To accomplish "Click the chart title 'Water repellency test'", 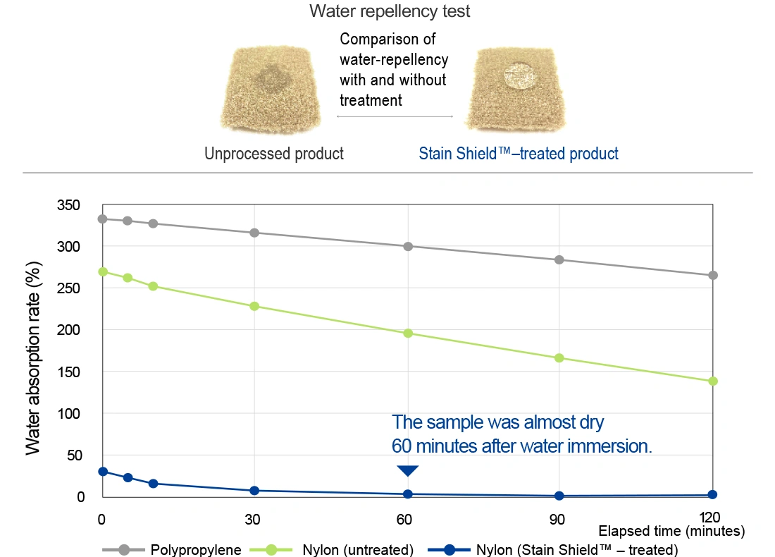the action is [390, 11].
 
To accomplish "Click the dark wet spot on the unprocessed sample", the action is [269, 79].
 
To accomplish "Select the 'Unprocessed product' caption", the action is [274, 153].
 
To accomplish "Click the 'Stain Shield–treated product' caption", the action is [519, 153].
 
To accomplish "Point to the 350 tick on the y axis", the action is [68, 204].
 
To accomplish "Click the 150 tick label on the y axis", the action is [68, 372].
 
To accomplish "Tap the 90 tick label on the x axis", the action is [557, 519].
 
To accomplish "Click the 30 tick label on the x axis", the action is [252, 519].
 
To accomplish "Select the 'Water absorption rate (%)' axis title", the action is [33, 358].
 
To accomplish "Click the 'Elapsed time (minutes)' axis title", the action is [671, 531].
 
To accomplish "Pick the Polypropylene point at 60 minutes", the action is [408, 246].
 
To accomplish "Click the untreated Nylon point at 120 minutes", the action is [713, 381].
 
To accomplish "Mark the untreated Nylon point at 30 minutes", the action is [254, 306].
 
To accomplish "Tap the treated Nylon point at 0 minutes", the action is [103, 472].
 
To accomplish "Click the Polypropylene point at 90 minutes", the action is [559, 259].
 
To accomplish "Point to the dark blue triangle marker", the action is [408, 470].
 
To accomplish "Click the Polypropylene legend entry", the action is [172, 549].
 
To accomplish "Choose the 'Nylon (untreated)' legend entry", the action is [332, 549].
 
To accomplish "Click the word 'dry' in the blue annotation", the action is [592, 423].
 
